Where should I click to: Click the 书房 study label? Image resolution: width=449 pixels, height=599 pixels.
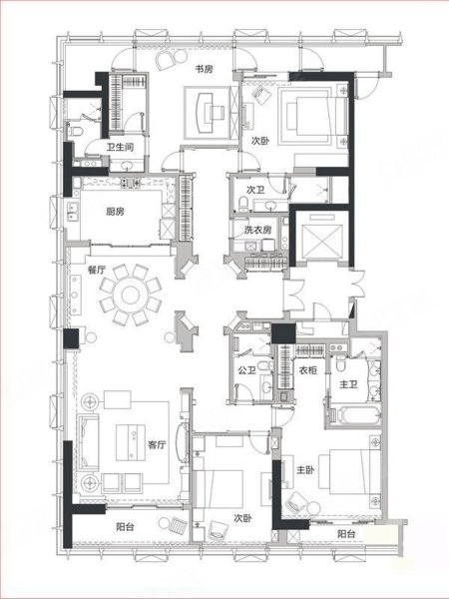tap(204, 69)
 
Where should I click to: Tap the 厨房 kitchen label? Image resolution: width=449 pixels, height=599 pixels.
tap(115, 212)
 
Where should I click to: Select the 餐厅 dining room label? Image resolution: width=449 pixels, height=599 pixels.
tap(96, 271)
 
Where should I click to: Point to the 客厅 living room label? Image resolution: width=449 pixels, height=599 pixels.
tap(157, 445)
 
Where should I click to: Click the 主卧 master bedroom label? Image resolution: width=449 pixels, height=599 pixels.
tap(305, 470)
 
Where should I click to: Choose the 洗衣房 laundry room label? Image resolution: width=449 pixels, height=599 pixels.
tap(257, 230)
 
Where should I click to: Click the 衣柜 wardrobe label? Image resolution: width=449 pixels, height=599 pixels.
tap(307, 370)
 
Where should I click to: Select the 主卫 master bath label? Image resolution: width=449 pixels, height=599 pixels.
tap(348, 384)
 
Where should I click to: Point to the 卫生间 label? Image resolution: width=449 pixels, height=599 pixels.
tap(120, 147)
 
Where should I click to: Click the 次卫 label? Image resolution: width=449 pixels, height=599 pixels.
tap(255, 190)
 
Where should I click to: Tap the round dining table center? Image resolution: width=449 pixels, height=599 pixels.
tap(131, 295)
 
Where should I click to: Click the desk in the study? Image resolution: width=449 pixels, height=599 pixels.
tap(207, 112)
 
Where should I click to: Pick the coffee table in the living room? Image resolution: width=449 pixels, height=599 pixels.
tap(131, 442)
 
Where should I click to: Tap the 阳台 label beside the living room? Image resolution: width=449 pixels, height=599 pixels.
tap(125, 527)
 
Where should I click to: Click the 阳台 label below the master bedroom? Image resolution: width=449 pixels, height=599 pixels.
tap(346, 534)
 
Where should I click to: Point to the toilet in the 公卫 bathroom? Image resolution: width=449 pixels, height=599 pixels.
tap(264, 366)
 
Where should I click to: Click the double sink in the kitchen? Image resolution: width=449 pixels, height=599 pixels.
tap(72, 212)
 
